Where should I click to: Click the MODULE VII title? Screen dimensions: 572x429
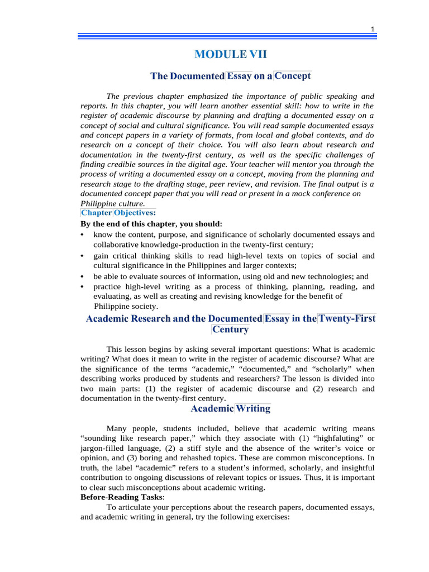230,54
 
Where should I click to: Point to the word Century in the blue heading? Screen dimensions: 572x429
230,329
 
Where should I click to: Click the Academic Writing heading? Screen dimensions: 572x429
230,408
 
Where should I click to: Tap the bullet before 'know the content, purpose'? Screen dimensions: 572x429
83,235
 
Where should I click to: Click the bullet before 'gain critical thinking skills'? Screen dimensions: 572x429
83,256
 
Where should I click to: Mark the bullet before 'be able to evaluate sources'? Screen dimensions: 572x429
83,277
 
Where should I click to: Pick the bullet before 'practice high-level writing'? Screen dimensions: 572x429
83,287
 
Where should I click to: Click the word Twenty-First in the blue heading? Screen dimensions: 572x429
347,318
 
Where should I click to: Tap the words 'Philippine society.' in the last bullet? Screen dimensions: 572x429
126,307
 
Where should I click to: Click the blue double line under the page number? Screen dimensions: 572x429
227,37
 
